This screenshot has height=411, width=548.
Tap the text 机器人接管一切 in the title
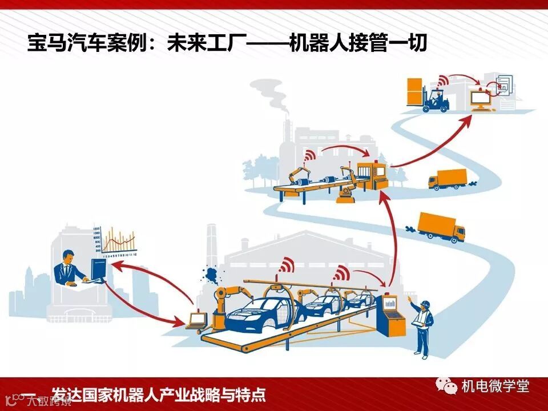click(358, 42)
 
